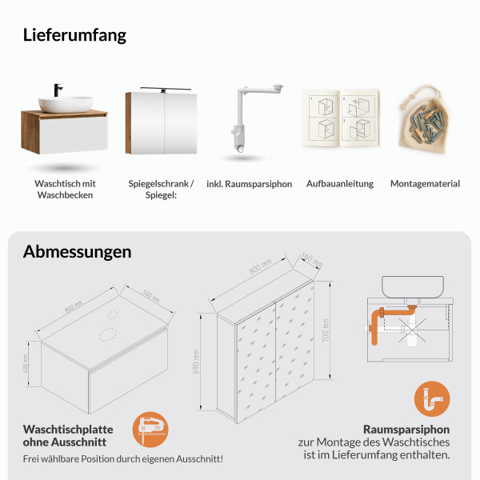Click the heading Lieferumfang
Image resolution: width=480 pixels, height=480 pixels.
(x=74, y=35)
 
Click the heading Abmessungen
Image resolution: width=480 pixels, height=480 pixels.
(x=77, y=251)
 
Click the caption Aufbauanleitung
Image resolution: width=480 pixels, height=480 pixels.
(x=339, y=184)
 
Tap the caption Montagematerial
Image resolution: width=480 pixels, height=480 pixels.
(x=425, y=184)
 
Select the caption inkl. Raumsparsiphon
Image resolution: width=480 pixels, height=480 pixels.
(x=249, y=184)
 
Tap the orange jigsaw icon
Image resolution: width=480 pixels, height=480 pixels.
(x=150, y=430)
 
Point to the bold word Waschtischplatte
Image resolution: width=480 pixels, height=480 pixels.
(x=68, y=429)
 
